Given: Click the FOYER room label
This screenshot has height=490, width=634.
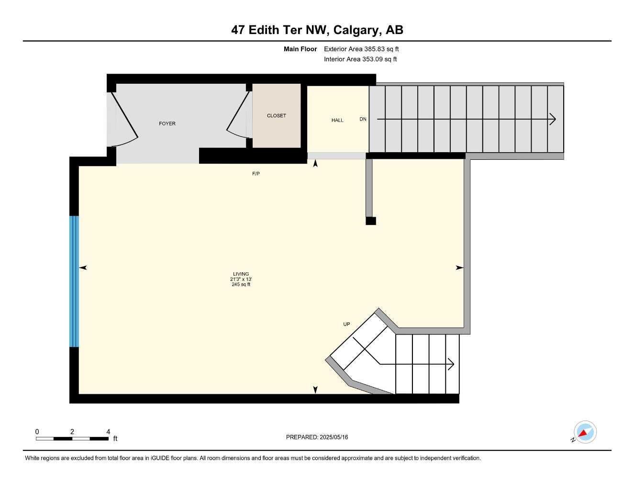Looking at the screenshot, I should coord(167,123).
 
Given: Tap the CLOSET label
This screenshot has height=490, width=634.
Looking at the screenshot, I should coord(276,116).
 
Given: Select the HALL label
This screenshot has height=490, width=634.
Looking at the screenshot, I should coord(337,120).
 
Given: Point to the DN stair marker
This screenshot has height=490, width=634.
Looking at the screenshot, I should coord(363,119).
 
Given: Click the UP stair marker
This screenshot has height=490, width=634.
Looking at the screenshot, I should coord(346,324).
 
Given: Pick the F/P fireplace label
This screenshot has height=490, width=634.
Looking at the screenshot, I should coord(256,174).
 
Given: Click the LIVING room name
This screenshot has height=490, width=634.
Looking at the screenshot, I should coord(241,274).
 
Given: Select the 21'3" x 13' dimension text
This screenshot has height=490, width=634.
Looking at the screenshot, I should coord(241,279).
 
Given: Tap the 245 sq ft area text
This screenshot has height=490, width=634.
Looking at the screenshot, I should coord(241,285).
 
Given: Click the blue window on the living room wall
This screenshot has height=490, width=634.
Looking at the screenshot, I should coord(74,281).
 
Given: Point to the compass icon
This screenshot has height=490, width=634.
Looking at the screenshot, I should coord(585,433).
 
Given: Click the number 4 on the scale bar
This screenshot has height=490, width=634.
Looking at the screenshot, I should coord(108,432).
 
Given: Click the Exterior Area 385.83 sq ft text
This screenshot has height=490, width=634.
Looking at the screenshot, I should coord(361,49).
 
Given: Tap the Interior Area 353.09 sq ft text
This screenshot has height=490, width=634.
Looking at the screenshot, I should coord(360,59).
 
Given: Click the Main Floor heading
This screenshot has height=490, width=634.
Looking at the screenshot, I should coord(300,49).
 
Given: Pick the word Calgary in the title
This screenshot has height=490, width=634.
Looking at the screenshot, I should coord(356,30).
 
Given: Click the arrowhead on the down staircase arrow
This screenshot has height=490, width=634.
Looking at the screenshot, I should coord(553,119).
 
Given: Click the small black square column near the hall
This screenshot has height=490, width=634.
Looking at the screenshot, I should coord(371,221).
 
